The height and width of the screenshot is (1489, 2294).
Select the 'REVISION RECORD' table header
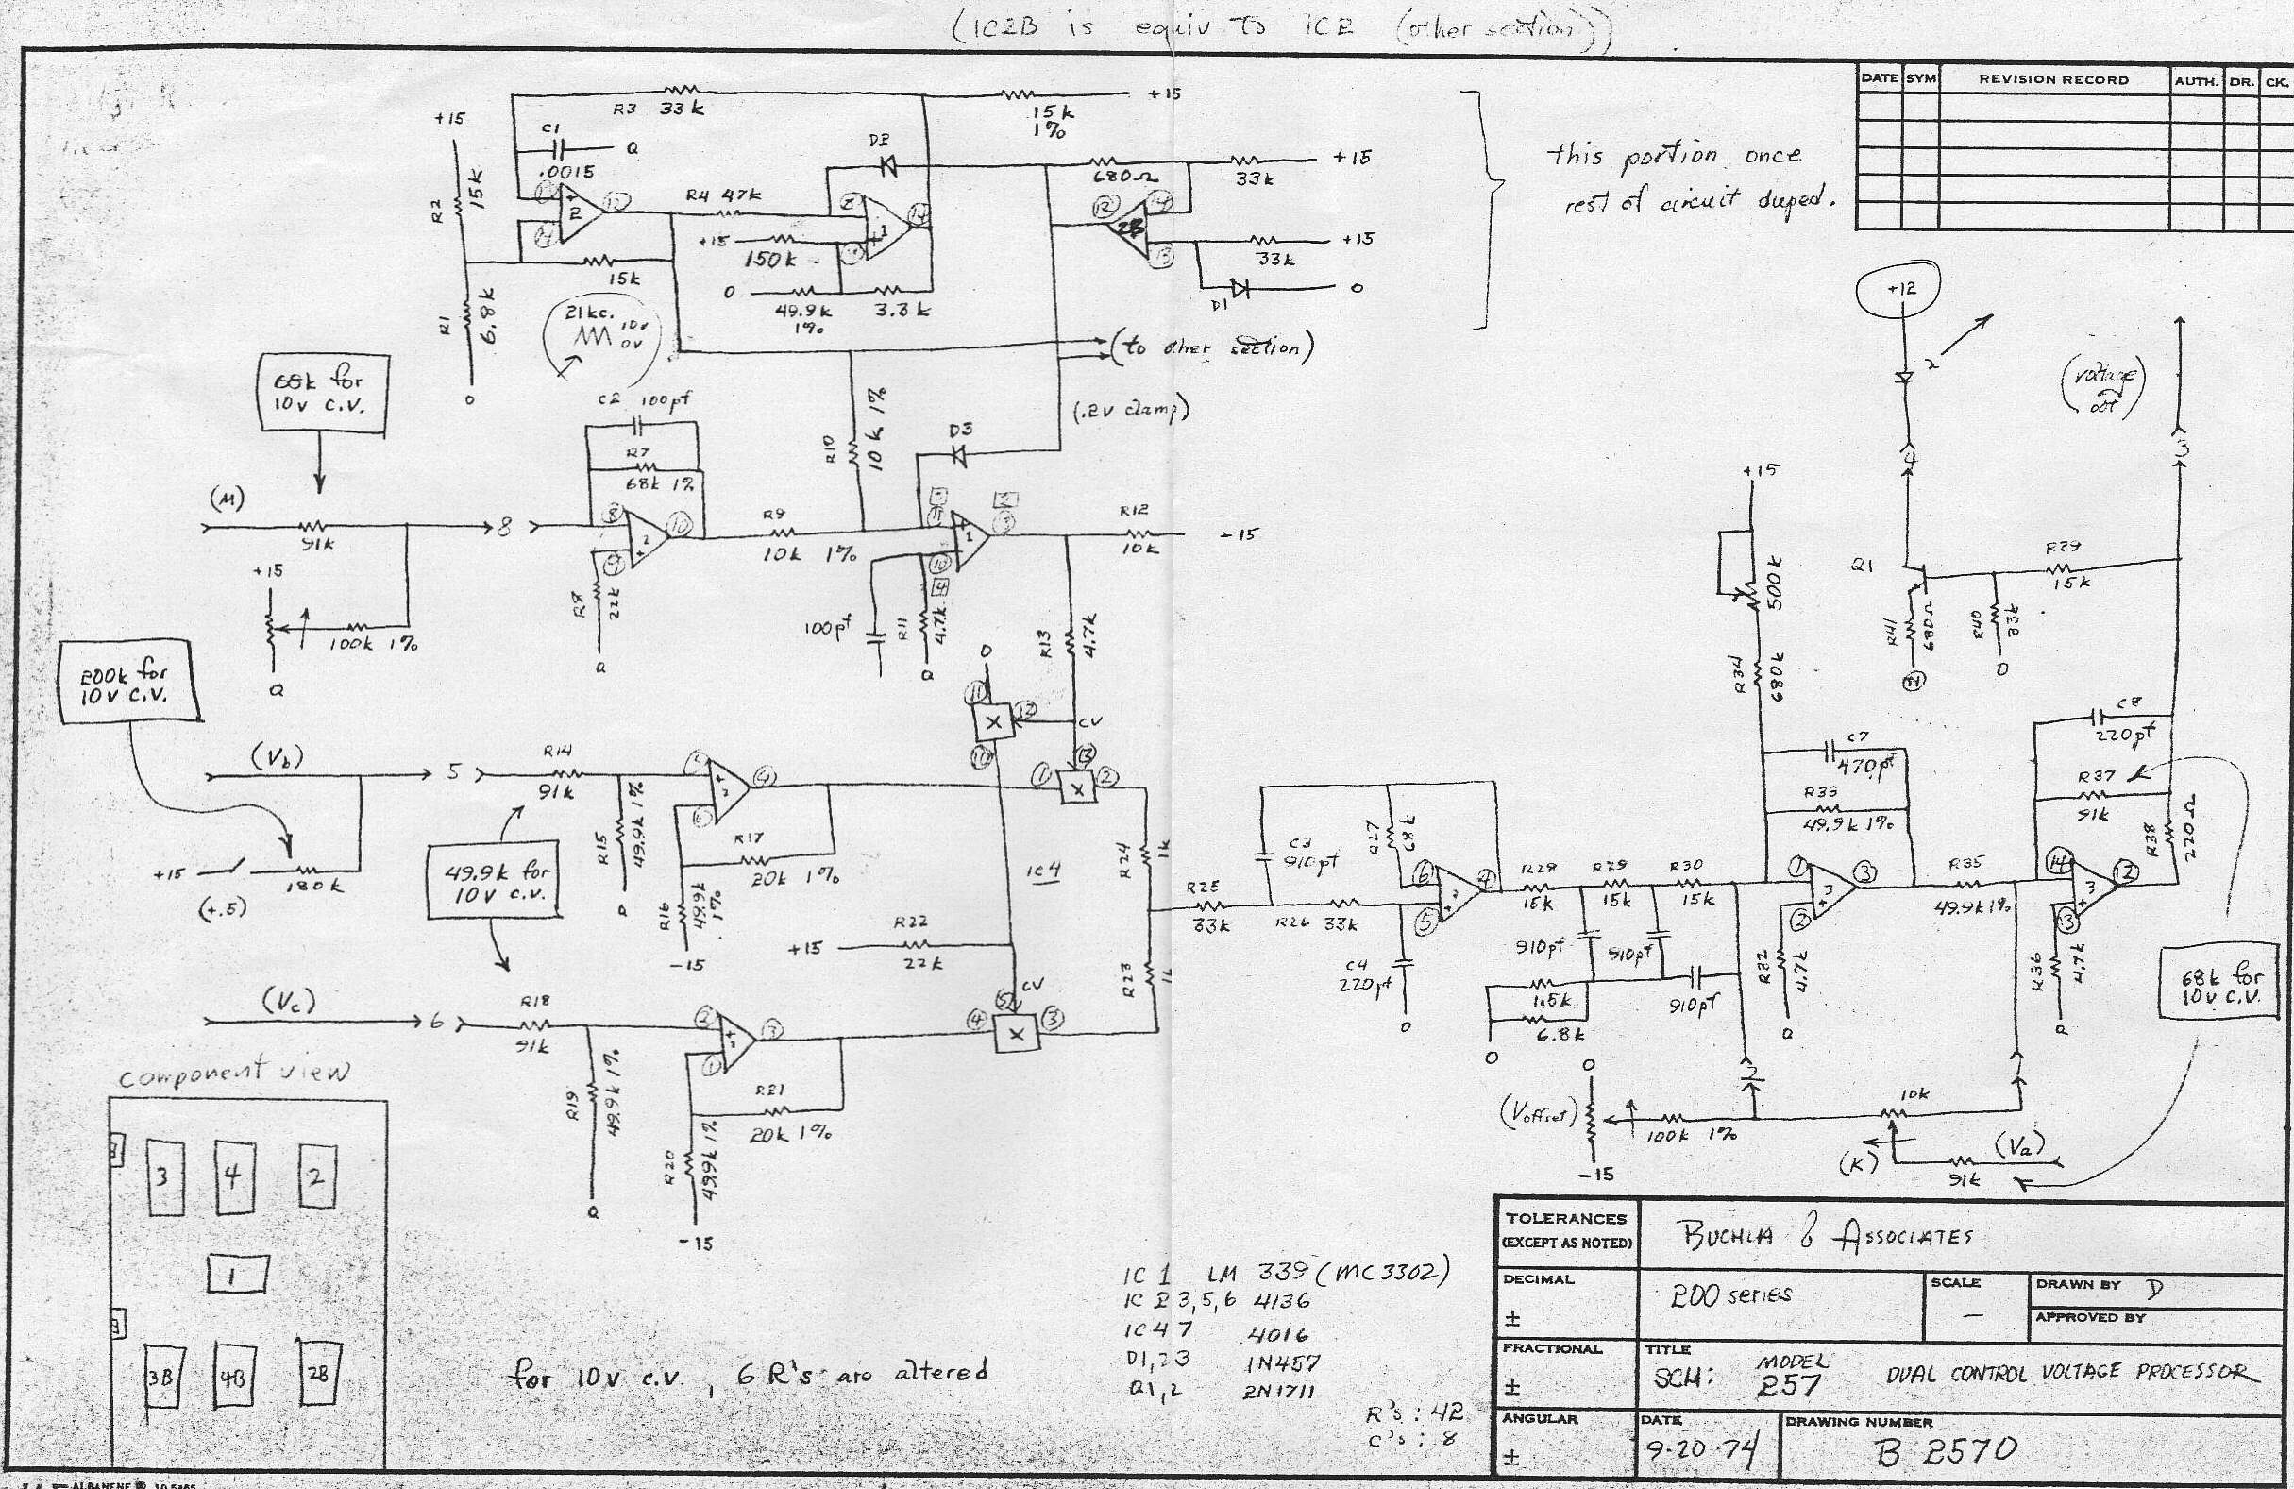[2053, 80]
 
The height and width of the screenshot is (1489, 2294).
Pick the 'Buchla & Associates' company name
[1826, 1238]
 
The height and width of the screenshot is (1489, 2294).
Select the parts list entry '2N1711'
[1281, 1390]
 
